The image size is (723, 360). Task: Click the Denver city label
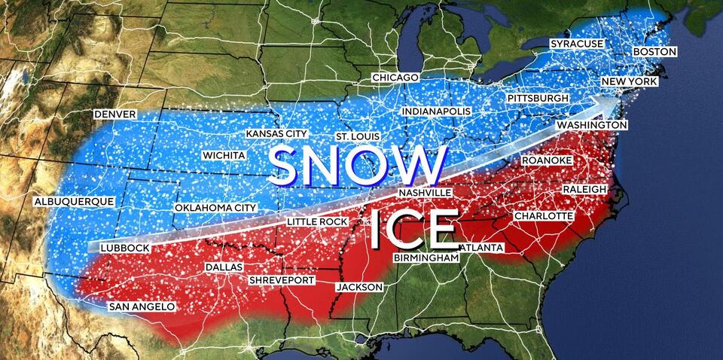coord(114,114)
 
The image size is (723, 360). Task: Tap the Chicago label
coord(395,78)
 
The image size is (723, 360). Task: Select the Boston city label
coord(654,52)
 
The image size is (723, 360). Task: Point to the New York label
coord(630,81)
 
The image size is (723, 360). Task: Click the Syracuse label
coord(576,44)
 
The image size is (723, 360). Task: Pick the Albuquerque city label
coord(74,202)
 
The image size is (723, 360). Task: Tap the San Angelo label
coord(142,307)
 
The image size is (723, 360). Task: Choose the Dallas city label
coord(224,268)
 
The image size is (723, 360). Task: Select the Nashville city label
coord(425,193)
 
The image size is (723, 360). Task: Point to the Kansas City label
coord(276,134)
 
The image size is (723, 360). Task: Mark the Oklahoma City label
coord(215,208)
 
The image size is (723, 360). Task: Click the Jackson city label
coord(359,287)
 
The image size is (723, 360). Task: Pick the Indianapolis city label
coord(436,111)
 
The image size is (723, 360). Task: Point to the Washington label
coord(592,124)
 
